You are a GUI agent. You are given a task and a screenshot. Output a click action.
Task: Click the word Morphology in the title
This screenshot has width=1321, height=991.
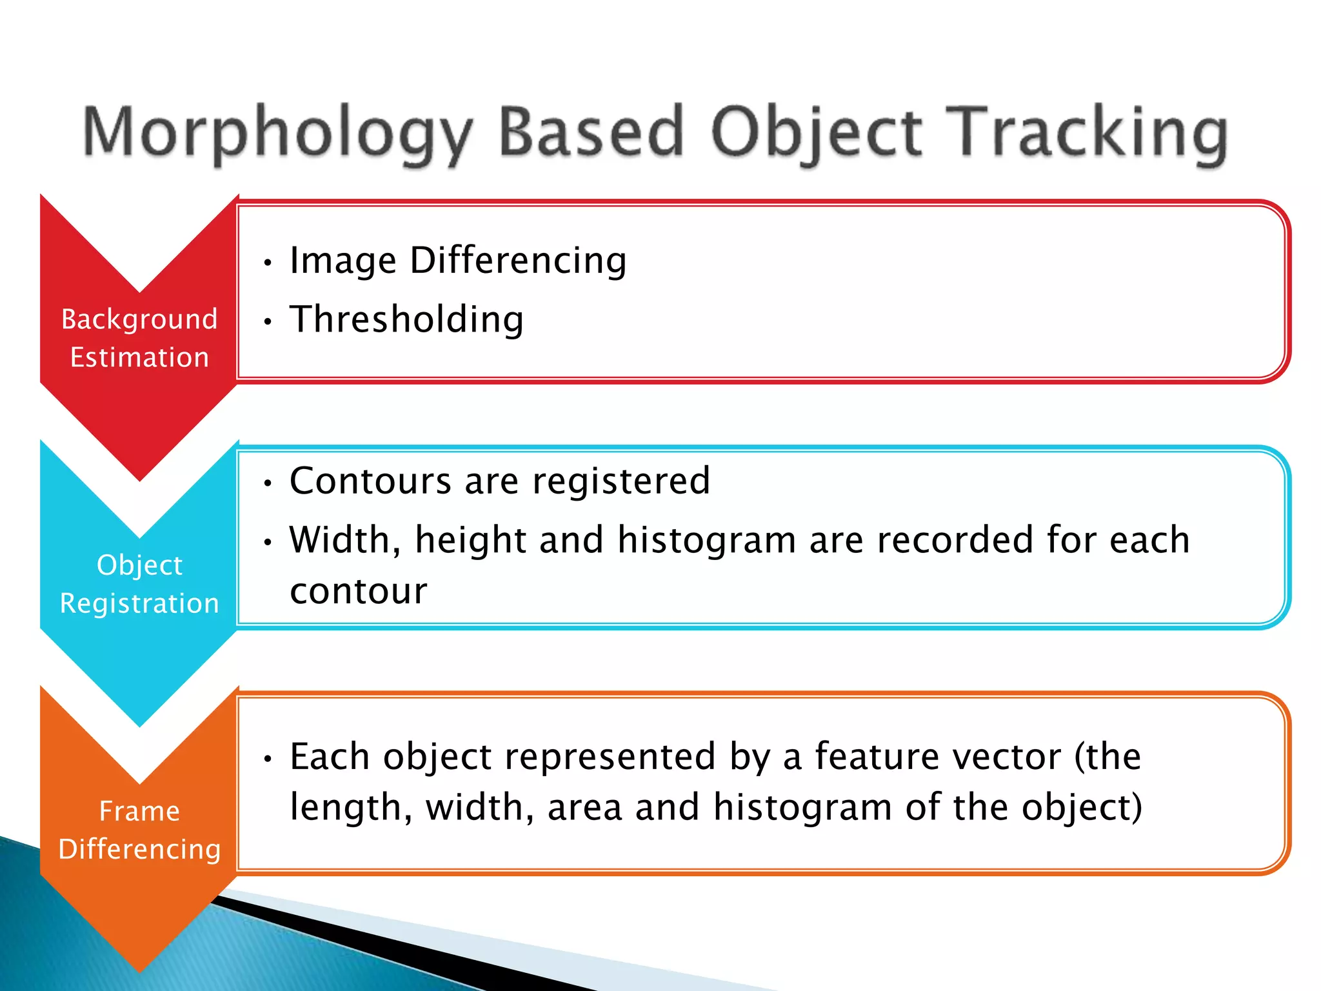click(x=277, y=132)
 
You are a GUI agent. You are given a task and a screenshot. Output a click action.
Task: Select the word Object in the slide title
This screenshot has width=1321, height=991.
click(x=816, y=132)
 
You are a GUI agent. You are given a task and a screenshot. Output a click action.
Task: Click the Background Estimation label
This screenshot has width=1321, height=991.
click(x=139, y=338)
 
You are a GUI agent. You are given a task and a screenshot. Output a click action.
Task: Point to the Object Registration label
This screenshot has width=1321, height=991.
click(x=139, y=584)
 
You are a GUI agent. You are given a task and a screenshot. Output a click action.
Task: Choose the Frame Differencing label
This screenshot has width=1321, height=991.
click(x=139, y=830)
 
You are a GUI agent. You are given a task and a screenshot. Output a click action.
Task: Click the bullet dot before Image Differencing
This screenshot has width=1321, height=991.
click(x=268, y=263)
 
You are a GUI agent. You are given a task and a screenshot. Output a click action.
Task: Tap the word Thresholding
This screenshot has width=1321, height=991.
click(x=406, y=319)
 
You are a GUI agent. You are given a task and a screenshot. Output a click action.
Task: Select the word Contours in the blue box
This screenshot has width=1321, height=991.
click(x=370, y=481)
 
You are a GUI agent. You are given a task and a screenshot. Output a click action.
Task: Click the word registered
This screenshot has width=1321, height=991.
click(x=621, y=481)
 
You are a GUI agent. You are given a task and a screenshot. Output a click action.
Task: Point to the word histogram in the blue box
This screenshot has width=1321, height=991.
click(x=706, y=540)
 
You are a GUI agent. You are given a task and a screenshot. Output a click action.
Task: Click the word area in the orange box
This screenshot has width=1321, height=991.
click(x=584, y=808)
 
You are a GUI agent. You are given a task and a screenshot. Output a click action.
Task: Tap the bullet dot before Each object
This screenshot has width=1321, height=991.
click(x=268, y=759)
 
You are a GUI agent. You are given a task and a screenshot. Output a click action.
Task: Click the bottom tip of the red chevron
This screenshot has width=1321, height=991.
click(x=139, y=479)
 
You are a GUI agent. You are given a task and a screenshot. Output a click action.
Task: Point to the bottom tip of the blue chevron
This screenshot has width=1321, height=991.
click(x=139, y=725)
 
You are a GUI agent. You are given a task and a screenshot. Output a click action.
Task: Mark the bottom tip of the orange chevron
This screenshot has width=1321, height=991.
click(x=139, y=970)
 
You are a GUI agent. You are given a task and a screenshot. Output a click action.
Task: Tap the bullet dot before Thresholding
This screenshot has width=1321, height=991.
click(x=268, y=321)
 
